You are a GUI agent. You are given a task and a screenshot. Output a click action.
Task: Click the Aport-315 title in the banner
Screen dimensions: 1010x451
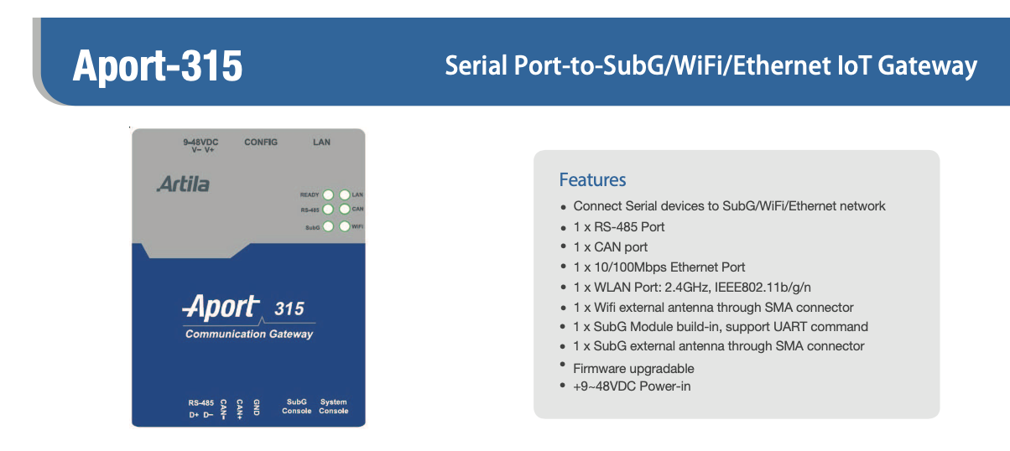158,66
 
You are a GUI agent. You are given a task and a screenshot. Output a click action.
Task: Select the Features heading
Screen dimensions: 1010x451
592,179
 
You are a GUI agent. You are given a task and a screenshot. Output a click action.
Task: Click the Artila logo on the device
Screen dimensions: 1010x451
184,184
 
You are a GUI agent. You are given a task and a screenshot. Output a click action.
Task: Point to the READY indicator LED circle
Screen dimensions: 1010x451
328,194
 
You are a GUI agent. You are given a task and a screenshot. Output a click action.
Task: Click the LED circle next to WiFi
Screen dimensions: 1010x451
345,226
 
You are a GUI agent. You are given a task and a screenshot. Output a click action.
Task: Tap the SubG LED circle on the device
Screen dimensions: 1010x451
328,226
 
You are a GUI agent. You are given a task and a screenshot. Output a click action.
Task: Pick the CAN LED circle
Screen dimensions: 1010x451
345,209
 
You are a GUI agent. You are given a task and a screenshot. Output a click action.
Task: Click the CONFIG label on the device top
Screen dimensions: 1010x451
261,142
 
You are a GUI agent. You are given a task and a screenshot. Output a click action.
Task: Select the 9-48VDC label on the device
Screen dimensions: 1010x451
200,142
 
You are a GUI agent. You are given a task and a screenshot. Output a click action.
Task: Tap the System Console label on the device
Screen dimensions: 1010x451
334,406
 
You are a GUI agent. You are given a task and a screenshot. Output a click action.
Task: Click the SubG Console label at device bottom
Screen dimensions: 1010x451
297,406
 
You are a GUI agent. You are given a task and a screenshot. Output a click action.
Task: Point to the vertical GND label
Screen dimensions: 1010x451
256,407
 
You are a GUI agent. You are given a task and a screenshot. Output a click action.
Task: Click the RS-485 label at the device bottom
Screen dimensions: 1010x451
201,402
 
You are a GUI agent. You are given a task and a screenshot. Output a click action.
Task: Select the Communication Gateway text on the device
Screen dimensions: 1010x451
249,334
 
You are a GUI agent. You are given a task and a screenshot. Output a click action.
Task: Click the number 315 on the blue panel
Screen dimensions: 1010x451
289,308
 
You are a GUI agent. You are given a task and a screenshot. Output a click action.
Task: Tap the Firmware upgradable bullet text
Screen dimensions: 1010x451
633,369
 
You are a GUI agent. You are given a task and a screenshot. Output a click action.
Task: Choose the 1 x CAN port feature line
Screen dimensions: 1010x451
610,247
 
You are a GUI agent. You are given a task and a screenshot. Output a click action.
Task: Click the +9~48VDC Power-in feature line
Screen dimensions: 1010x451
632,386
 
